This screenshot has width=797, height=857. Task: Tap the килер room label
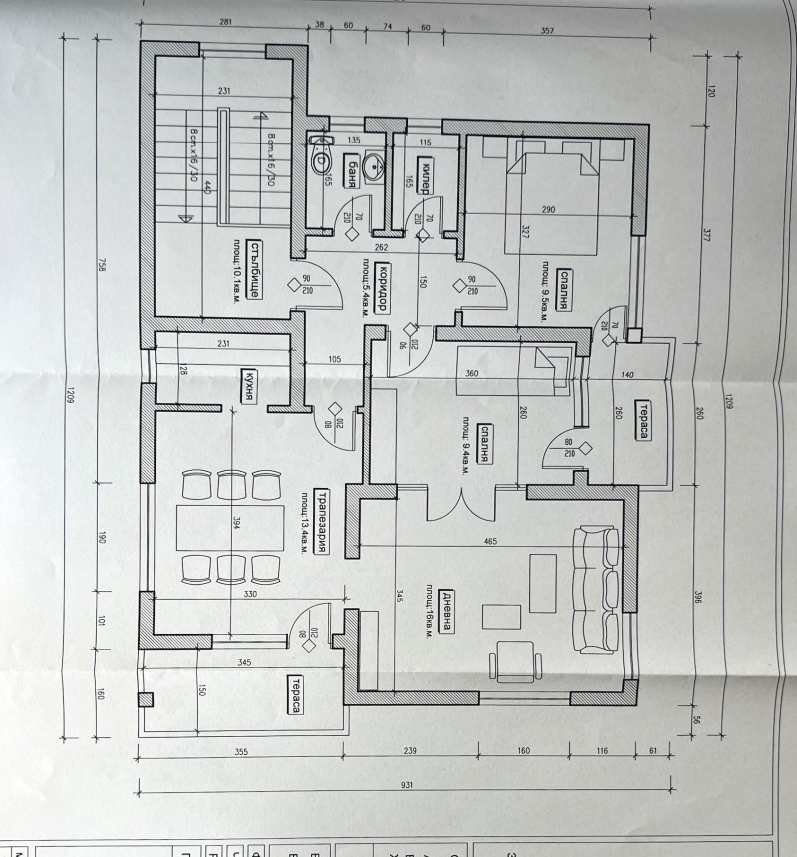[423, 174]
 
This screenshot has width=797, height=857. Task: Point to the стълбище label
[255, 270]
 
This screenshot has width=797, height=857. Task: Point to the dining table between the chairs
[221, 526]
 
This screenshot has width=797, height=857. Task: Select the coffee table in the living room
[543, 582]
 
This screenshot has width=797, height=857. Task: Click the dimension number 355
[241, 752]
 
